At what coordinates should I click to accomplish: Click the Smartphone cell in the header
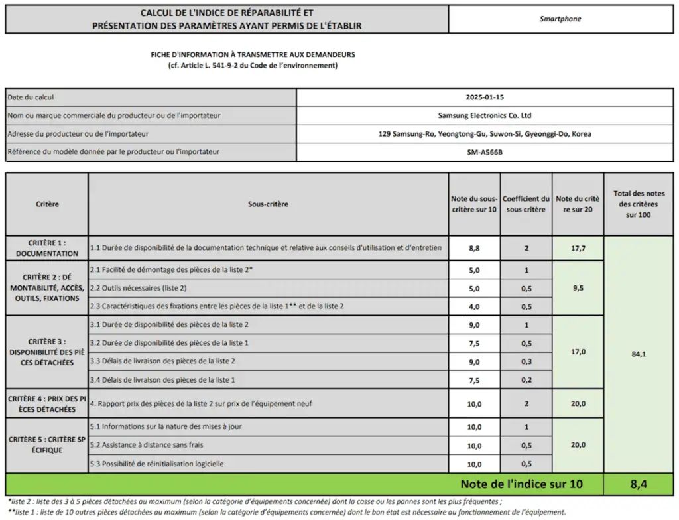560,19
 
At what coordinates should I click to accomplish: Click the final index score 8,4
639,484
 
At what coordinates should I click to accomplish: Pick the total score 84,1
639,354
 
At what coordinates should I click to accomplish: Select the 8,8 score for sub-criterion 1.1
474,247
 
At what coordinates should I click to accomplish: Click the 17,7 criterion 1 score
578,247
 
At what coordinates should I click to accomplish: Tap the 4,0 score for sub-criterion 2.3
474,306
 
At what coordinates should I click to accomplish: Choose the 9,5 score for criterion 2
578,288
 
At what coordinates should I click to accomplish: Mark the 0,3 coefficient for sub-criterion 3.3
526,361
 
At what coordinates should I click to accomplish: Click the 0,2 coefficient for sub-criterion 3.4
526,380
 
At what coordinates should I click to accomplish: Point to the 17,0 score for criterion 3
578,352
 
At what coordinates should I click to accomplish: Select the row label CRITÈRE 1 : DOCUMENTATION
47,248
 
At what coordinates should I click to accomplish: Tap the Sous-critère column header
268,204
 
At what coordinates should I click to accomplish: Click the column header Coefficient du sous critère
526,204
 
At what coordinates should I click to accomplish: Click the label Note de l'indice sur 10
521,484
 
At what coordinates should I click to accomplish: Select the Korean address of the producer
485,134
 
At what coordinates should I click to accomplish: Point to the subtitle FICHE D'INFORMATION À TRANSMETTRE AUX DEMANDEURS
253,55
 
